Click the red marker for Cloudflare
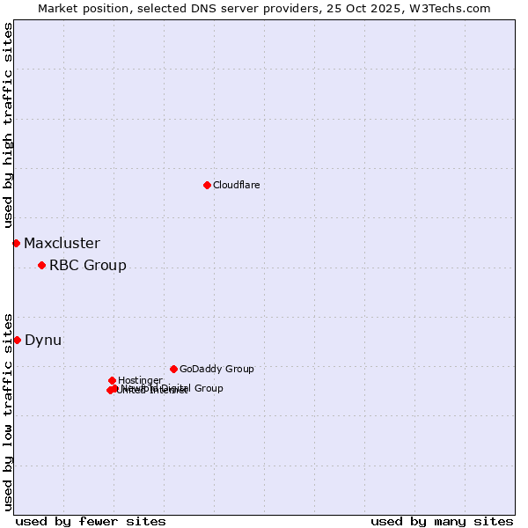[207, 185]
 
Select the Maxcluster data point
[16, 243]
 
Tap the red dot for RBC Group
[41, 265]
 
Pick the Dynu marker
[17, 340]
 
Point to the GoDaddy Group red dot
[173, 369]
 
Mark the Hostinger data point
[112, 380]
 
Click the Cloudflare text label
[236, 185]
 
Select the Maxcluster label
[62, 243]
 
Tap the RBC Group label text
[87, 265]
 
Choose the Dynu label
[43, 340]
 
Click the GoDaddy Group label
[216, 369]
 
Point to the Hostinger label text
[139, 380]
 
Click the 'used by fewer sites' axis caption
[91, 522]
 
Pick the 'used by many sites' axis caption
[442, 522]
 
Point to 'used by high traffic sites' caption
[8, 125]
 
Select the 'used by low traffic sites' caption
[8, 411]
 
